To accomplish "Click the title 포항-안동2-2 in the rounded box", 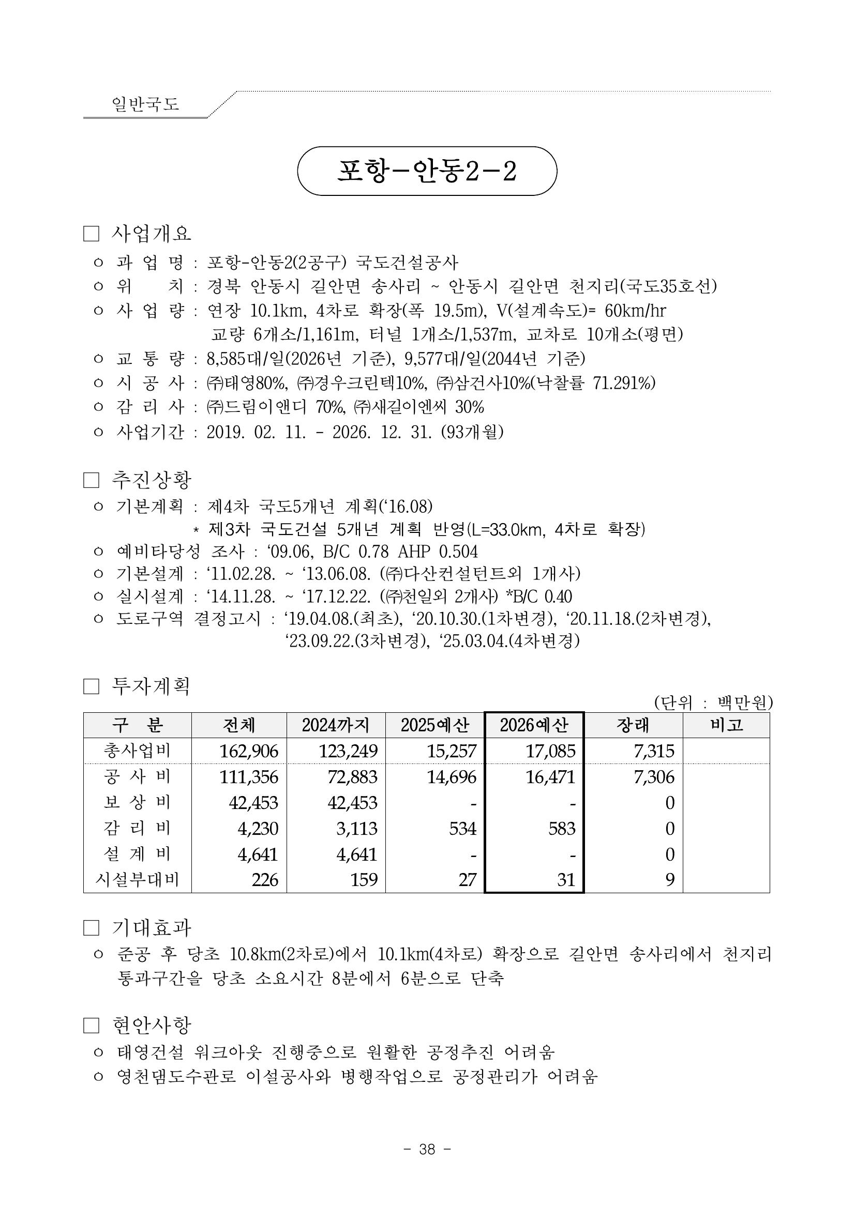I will tap(426, 171).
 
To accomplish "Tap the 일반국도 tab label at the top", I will tap(145, 104).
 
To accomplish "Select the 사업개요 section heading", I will tap(151, 233).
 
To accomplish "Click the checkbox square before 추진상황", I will tap(91, 480).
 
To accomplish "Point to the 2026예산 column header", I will tap(534, 725).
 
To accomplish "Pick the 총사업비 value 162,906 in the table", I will tap(248, 751).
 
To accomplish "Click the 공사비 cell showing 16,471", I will tap(550, 776).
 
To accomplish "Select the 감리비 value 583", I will tap(561, 829).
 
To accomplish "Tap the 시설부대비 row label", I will tap(138, 880).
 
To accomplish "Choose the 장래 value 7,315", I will tap(654, 751).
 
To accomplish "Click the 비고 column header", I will tap(726, 725).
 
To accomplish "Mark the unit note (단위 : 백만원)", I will tap(713, 702).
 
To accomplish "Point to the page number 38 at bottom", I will tap(427, 1150).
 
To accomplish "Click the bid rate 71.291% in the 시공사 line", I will tap(624, 383).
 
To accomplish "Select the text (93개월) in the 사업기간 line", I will tap(472, 432).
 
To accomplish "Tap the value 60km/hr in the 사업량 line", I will tap(635, 311).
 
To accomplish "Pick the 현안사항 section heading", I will tap(152, 1025).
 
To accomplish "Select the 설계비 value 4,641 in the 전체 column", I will tap(258, 854).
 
